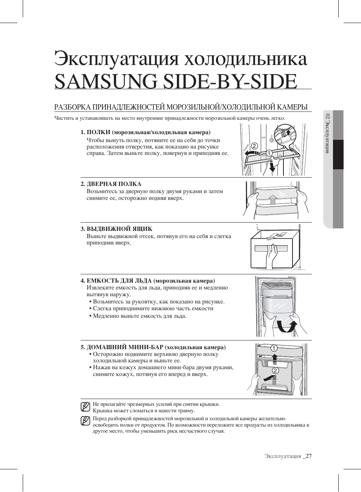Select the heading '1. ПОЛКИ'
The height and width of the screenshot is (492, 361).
point(96,132)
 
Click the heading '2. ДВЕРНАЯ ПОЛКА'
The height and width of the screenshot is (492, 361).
point(111,184)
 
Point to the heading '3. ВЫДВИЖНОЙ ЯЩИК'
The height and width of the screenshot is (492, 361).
point(117,229)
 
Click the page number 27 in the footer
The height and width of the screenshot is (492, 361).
point(309,456)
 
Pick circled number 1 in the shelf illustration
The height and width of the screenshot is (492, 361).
point(269,153)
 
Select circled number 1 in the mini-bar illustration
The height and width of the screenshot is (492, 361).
point(273,348)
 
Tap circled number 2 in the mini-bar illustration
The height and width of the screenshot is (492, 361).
point(275,370)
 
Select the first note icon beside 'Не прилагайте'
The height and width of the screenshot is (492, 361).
point(85,407)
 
